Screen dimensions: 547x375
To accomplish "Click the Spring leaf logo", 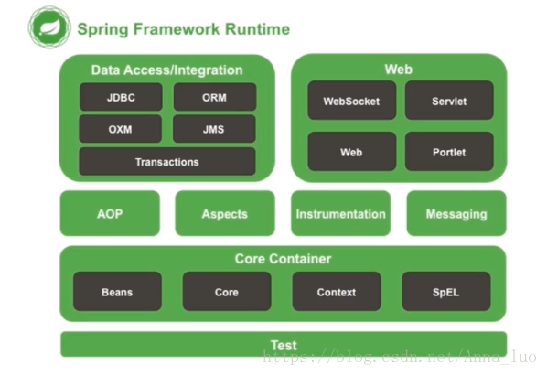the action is point(49,27).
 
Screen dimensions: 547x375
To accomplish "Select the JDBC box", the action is point(121,97).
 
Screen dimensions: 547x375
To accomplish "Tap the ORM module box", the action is point(215,97).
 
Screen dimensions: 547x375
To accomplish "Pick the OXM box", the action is point(121,129).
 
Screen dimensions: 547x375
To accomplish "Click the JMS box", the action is point(214,129).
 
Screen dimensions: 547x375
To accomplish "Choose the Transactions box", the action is point(167,162).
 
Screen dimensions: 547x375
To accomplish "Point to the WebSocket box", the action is point(351,101).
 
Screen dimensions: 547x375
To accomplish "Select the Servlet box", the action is point(449,101).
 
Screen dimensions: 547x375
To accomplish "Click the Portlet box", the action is point(449,152).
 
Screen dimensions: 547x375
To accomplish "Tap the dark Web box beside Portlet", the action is point(351,152).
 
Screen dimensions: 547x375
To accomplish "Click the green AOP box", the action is point(110,213).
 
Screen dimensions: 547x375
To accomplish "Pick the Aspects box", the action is point(225,213).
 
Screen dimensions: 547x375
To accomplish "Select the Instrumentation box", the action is point(341,213).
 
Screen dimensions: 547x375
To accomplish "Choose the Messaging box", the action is point(456,213).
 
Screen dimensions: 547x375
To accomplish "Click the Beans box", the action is point(117,291).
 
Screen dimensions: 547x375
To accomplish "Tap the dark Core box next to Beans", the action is point(227,291).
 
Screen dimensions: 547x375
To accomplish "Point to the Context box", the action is point(337,291).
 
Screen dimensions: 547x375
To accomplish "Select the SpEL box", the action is point(446,291).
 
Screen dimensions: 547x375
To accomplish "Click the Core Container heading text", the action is point(283,259).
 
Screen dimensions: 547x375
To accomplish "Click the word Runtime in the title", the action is point(257,29).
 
